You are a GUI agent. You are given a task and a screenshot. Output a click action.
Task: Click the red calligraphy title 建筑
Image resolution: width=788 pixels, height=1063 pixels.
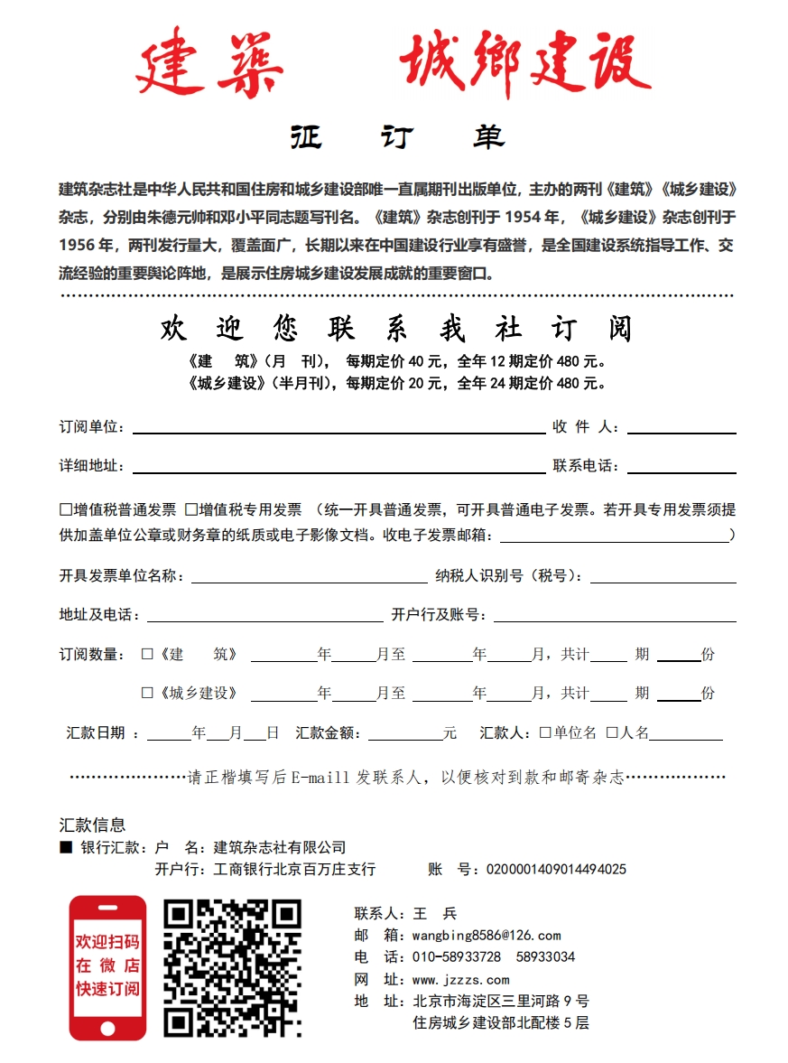click(209, 65)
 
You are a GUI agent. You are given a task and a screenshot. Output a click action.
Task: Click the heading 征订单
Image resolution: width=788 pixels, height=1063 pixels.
click(397, 137)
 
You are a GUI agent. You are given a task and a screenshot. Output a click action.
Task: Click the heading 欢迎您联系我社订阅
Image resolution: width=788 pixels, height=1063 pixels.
click(396, 329)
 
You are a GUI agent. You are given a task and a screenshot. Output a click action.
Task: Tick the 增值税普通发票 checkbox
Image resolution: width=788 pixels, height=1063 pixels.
click(66, 509)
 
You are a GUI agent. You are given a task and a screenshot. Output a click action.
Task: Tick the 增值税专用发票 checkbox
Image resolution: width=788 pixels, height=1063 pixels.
click(190, 509)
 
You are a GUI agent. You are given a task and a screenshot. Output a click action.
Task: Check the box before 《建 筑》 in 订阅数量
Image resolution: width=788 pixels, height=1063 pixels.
click(147, 654)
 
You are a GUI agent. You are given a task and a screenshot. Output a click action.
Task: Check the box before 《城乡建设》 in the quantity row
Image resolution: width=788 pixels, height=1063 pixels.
click(147, 693)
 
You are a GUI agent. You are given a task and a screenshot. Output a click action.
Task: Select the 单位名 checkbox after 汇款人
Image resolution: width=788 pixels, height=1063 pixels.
click(545, 732)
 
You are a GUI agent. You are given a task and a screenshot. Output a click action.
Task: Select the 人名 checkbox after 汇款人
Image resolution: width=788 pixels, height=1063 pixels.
click(612, 732)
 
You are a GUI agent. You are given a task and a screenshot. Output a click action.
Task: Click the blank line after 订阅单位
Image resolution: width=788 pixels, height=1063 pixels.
click(338, 427)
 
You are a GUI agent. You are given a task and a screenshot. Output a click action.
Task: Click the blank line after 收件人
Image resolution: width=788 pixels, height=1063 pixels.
click(681, 427)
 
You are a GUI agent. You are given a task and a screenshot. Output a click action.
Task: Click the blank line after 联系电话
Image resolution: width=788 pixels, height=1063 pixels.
click(681, 466)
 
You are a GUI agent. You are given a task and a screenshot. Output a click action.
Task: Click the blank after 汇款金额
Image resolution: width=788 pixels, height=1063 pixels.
click(404, 733)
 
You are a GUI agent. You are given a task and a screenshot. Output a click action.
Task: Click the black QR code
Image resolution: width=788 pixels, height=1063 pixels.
click(232, 968)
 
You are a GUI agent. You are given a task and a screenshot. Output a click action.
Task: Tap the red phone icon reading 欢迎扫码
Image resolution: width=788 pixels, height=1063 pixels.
click(107, 967)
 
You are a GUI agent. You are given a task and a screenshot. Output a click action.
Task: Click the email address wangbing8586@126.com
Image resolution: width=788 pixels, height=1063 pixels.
click(487, 936)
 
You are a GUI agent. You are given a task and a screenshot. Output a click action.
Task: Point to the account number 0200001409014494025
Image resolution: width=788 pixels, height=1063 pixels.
click(556, 870)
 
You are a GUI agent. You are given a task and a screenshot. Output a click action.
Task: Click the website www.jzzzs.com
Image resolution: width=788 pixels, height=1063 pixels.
click(460, 980)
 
